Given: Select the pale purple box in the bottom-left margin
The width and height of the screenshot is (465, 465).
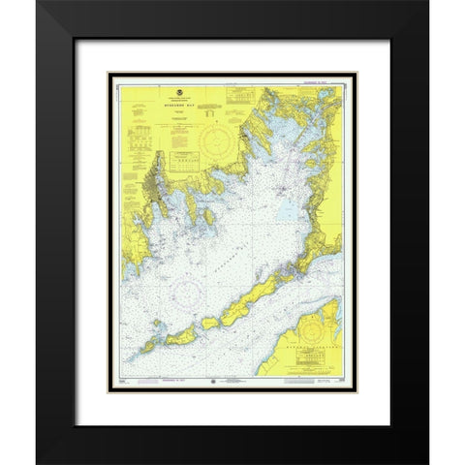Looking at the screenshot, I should [124, 385].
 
